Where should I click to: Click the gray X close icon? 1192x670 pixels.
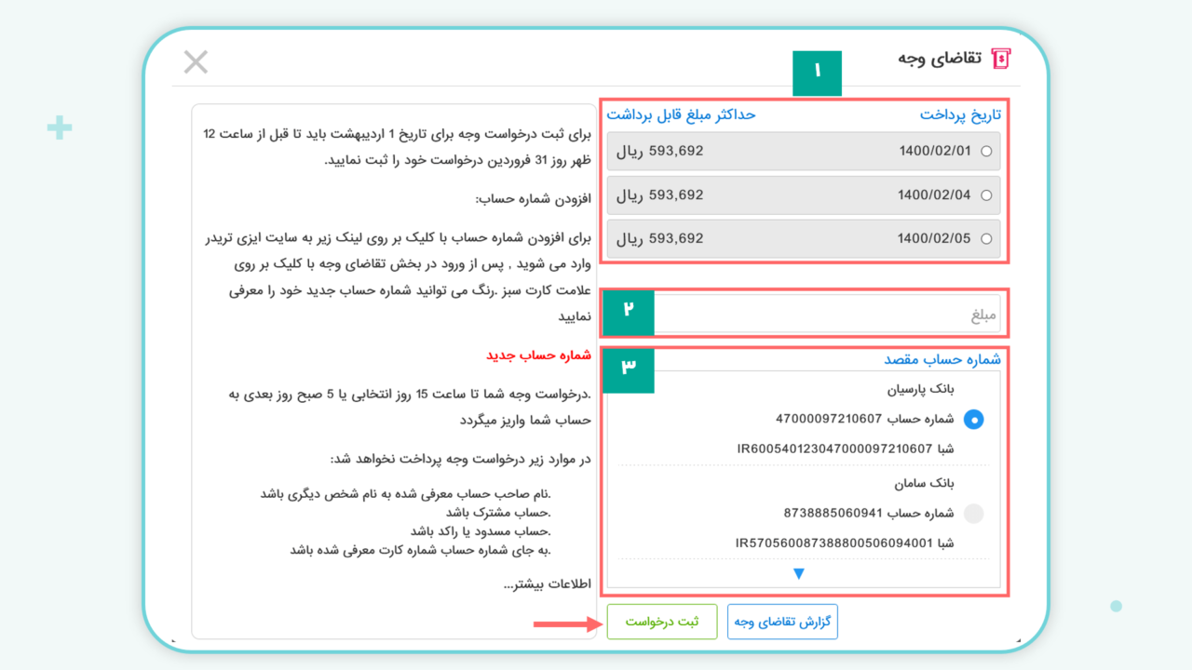(196, 62)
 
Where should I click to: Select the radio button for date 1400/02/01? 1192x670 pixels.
(986, 152)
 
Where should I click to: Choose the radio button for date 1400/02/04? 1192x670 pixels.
(986, 195)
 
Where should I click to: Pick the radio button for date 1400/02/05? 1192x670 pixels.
(986, 239)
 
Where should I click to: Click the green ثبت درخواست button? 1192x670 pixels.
(662, 622)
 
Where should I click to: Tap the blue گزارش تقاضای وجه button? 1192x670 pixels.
(782, 622)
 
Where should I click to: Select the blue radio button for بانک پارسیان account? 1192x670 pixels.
(973, 420)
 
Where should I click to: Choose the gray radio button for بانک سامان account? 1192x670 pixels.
(973, 513)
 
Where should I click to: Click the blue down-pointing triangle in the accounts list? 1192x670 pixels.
(798, 573)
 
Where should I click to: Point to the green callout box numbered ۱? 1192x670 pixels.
(817, 73)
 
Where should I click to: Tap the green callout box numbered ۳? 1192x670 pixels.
(628, 369)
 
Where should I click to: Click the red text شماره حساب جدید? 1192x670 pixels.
(538, 355)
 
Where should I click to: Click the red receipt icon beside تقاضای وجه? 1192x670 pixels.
(1001, 59)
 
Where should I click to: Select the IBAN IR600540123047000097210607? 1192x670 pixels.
(834, 449)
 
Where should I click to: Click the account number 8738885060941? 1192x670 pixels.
(833, 513)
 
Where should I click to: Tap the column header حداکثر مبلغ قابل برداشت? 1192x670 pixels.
(681, 114)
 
